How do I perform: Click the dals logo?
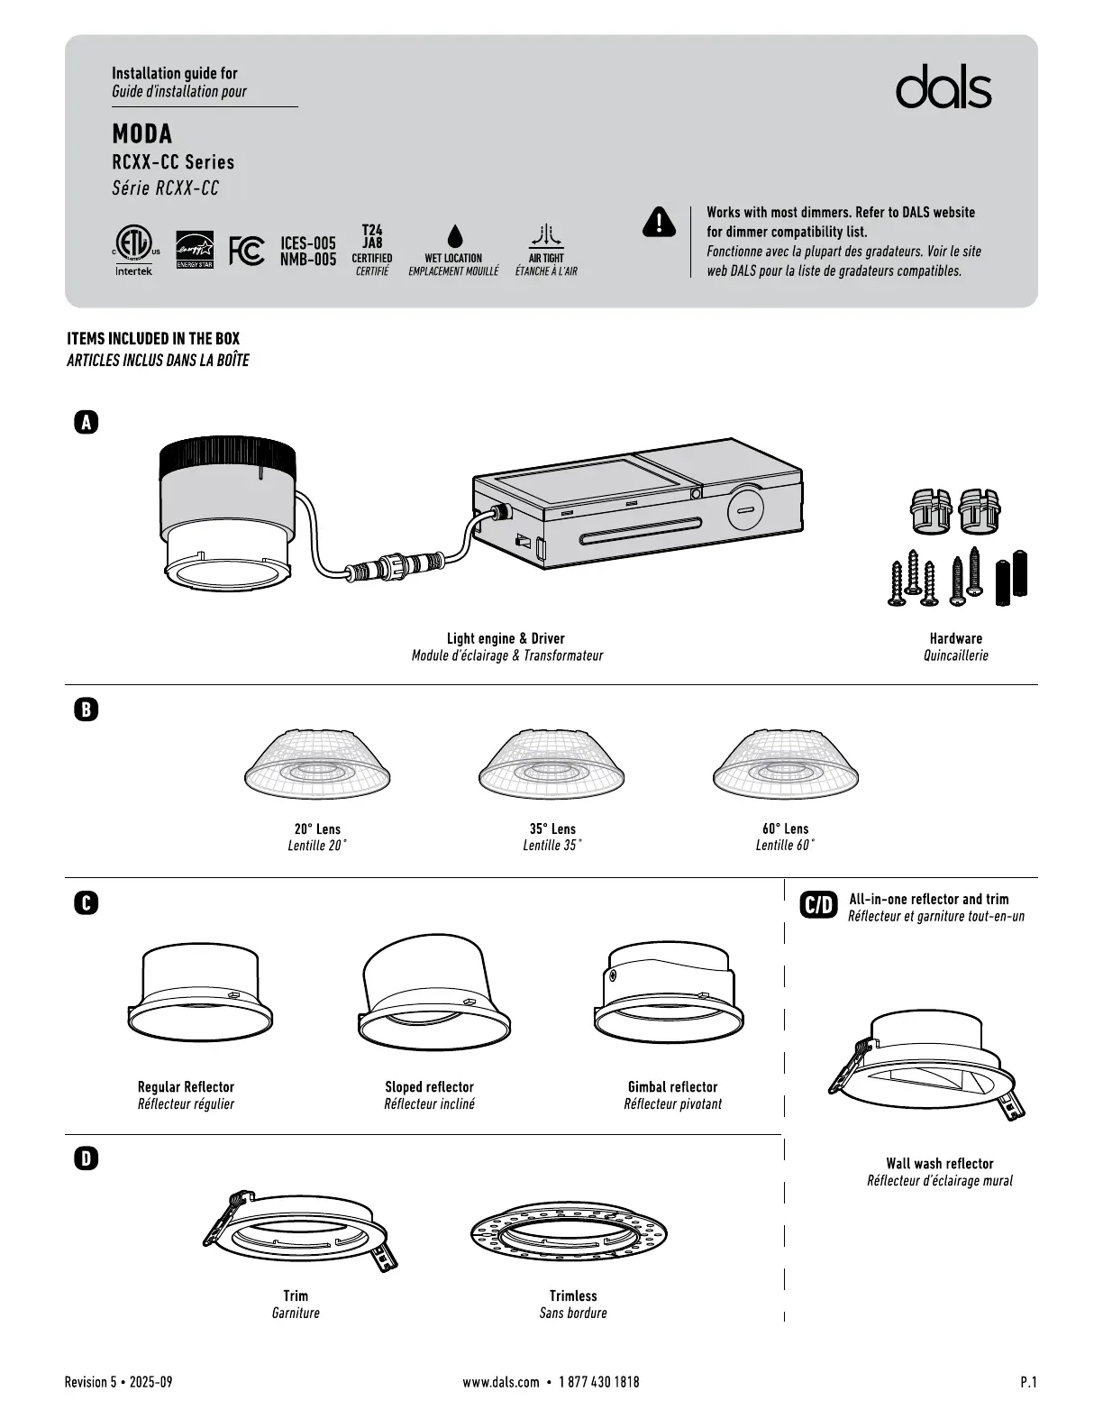943,87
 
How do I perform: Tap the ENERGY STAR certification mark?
195,250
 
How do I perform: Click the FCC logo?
246,251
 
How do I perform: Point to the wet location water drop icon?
454,236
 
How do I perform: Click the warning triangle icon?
659,222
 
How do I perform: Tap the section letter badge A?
86,422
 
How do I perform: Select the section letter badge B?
86,709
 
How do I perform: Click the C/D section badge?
818,904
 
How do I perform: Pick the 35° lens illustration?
551,764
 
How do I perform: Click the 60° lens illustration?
785,764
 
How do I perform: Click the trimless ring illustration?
570,1236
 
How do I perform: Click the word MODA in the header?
141,134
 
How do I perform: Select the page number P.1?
1028,1382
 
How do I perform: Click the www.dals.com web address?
501,1382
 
